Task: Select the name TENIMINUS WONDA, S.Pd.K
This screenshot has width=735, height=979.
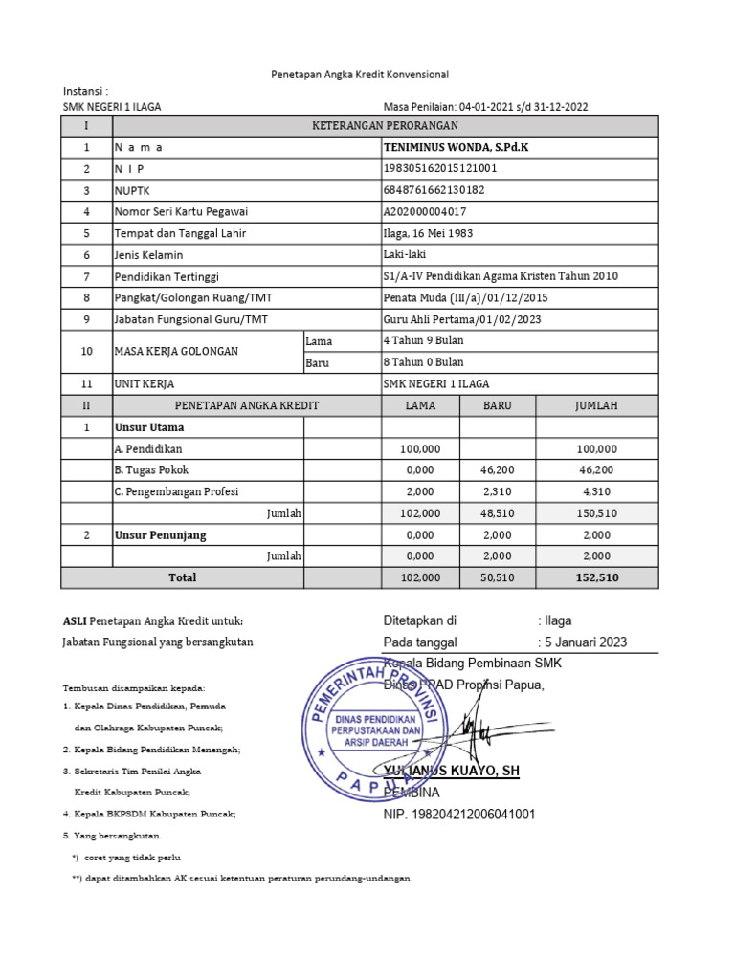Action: (454, 148)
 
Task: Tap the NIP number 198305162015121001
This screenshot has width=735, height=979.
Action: (440, 169)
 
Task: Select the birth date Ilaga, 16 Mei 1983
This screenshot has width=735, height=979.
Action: (428, 233)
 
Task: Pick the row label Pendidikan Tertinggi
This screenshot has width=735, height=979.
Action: (167, 276)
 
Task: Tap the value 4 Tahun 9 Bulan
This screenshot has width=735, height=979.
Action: (423, 340)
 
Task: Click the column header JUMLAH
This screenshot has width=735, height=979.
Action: (596, 405)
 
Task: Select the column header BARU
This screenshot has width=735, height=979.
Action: (497, 405)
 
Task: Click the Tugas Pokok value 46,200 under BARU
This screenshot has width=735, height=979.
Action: (497, 470)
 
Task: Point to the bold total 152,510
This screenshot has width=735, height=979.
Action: (596, 577)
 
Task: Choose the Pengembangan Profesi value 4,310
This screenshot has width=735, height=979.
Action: (596, 491)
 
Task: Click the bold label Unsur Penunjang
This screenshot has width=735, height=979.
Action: (161, 534)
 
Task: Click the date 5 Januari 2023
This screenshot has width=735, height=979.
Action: (586, 642)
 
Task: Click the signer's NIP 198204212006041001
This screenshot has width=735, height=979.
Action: (459, 814)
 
